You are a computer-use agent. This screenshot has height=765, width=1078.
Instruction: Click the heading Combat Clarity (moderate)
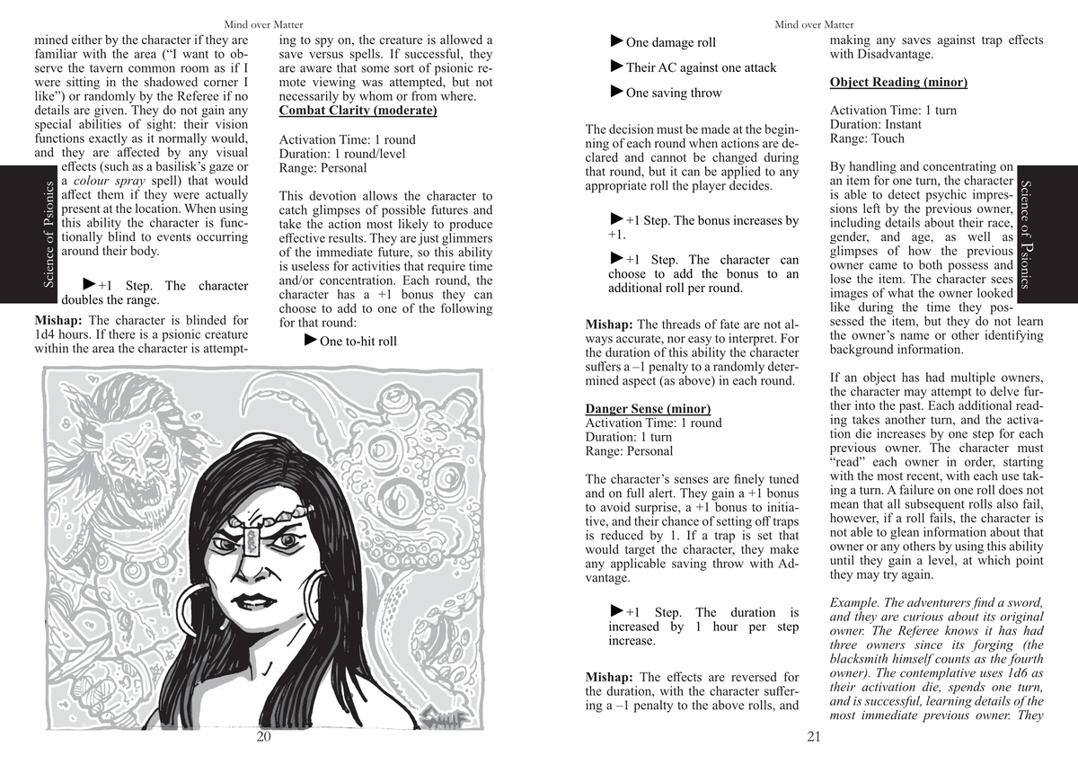[358, 111]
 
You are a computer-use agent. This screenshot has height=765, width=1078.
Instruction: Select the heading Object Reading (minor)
[898, 83]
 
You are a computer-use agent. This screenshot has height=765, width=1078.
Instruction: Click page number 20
[263, 737]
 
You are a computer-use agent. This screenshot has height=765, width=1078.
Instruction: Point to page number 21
[814, 737]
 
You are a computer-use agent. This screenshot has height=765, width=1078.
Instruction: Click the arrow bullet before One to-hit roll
[311, 340]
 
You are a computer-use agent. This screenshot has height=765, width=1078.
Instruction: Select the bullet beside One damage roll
[616, 41]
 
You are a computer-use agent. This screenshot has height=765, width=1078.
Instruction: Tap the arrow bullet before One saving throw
[616, 92]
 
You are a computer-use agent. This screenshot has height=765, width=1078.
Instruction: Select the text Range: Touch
[867, 138]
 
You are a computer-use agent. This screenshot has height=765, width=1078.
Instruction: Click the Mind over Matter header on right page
[814, 24]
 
